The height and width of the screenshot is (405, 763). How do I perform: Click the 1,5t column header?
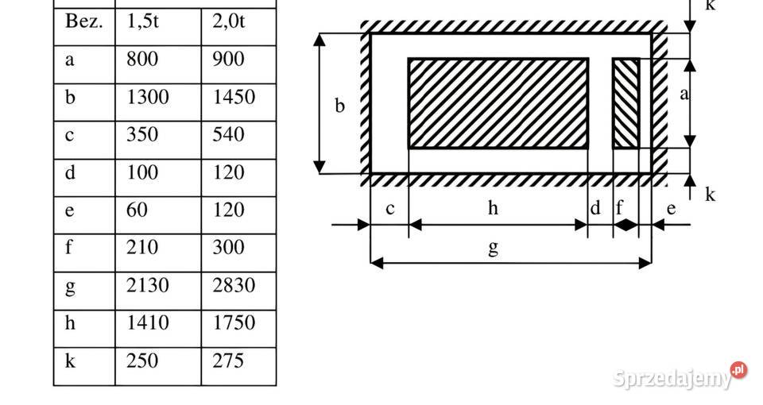pos(142,22)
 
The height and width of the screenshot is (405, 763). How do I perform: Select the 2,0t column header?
pos(229,22)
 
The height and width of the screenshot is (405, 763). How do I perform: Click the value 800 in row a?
pos(142,60)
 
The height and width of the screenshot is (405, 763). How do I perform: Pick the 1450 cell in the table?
pos(234,97)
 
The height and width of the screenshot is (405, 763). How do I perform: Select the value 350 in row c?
pos(142,135)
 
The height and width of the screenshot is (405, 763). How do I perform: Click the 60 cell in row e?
pos(137,210)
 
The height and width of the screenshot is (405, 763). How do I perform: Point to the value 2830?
pos(234,285)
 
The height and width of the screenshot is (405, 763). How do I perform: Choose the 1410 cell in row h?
pos(148,323)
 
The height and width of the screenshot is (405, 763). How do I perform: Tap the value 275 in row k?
pos(228,361)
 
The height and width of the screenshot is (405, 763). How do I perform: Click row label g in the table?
pos(70,287)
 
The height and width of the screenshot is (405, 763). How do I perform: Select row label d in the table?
pos(70,172)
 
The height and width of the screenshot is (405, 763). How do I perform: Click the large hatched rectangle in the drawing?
pos(498,103)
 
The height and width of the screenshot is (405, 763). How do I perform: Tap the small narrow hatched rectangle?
pos(626,103)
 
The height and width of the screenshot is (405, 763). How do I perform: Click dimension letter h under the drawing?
pos(493,207)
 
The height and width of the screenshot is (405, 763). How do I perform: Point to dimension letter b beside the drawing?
pos(340,106)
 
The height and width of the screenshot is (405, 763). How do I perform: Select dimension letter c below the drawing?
pos(389,209)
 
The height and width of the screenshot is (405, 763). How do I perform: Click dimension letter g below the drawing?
pos(493,248)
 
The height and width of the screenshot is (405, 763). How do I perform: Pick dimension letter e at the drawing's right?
pos(671,209)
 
